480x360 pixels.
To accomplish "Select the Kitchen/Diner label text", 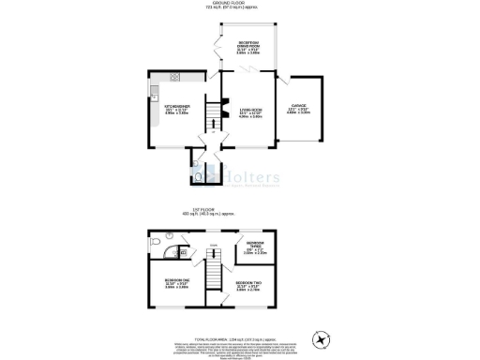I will [x=177, y=109].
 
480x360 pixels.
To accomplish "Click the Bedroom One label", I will [x=177, y=285].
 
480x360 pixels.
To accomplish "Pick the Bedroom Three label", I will [x=255, y=248].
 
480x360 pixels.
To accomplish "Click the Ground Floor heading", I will [x=239, y=4].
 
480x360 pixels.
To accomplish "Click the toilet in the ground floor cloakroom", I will [x=198, y=173].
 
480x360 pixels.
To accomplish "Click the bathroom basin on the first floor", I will [x=184, y=250].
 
